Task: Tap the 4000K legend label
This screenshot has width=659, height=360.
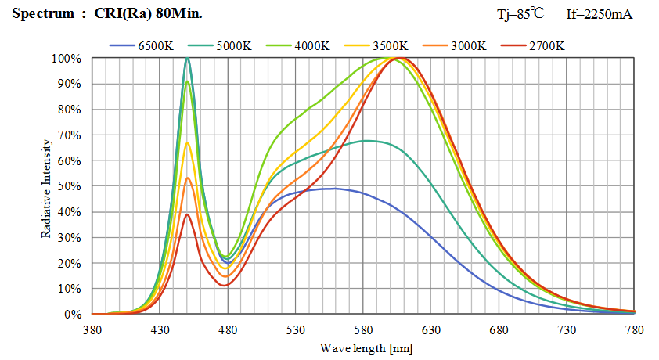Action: click(311, 45)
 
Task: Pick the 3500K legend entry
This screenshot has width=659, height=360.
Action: click(389, 45)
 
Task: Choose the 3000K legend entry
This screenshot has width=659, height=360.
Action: click(467, 45)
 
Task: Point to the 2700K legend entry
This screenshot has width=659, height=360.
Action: click(546, 45)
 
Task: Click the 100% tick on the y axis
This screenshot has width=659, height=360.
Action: click(65, 59)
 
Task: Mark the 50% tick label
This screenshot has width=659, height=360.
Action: click(68, 186)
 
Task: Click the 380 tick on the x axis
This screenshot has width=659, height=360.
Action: click(92, 331)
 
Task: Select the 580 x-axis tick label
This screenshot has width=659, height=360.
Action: click(363, 331)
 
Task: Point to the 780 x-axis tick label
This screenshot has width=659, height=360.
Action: click(634, 331)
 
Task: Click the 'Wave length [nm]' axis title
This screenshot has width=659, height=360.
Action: click(366, 347)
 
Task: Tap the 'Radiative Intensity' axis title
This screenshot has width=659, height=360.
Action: click(47, 187)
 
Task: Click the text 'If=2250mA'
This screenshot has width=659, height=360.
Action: click(599, 14)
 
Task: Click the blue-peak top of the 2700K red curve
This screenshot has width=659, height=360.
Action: click(187, 214)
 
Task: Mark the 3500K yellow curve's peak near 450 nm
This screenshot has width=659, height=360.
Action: click(187, 142)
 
